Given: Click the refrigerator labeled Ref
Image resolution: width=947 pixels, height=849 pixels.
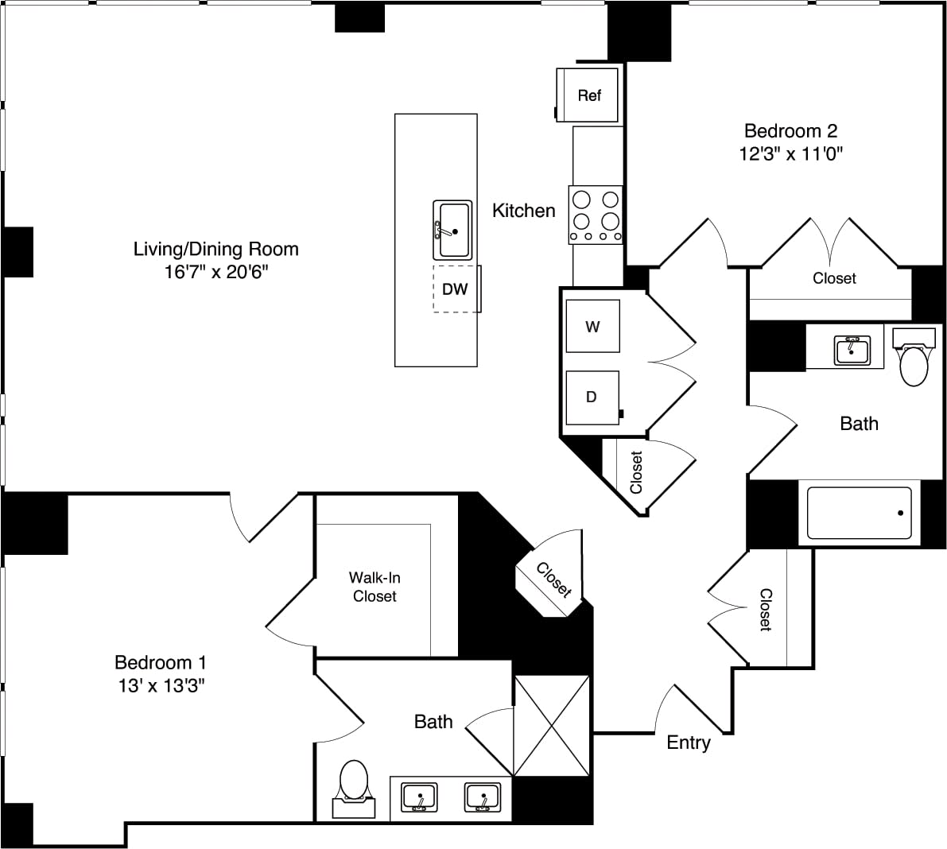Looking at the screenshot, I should pyautogui.click(x=588, y=95).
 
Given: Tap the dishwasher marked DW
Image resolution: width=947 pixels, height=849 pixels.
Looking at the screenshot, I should pyautogui.click(x=456, y=289).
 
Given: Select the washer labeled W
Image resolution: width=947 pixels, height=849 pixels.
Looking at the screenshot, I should pyautogui.click(x=592, y=326).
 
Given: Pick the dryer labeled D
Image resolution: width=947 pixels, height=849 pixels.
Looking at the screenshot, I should pyautogui.click(x=592, y=397).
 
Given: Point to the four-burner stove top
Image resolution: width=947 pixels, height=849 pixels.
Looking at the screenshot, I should pyautogui.click(x=596, y=215).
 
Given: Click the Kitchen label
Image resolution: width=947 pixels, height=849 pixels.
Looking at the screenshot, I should pyautogui.click(x=523, y=211).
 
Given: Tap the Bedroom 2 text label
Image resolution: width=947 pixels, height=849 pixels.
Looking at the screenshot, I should pyautogui.click(x=790, y=130).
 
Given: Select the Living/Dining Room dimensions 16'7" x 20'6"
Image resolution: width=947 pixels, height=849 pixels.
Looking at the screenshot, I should pyautogui.click(x=216, y=272).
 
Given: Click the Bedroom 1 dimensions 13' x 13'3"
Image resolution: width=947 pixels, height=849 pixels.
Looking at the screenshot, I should pyautogui.click(x=161, y=685).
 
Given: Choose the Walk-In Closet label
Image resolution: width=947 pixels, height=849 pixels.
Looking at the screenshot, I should pyautogui.click(x=375, y=587).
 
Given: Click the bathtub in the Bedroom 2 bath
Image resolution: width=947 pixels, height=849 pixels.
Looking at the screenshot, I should pyautogui.click(x=859, y=514).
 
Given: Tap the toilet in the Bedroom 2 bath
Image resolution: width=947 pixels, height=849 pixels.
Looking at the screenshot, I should pyautogui.click(x=914, y=362).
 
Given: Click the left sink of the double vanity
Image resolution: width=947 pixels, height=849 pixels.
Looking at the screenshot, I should pyautogui.click(x=418, y=797).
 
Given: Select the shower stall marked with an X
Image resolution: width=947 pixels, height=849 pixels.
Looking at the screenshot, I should pyautogui.click(x=552, y=725).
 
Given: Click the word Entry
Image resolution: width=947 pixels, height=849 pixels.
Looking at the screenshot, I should pyautogui.click(x=688, y=742).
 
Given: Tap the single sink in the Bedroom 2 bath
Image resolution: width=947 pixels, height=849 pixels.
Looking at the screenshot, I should pyautogui.click(x=852, y=350).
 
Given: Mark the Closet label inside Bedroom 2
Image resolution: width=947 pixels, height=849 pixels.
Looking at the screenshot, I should pyautogui.click(x=834, y=278).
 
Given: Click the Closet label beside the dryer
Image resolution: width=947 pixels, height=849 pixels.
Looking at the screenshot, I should pyautogui.click(x=636, y=472).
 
